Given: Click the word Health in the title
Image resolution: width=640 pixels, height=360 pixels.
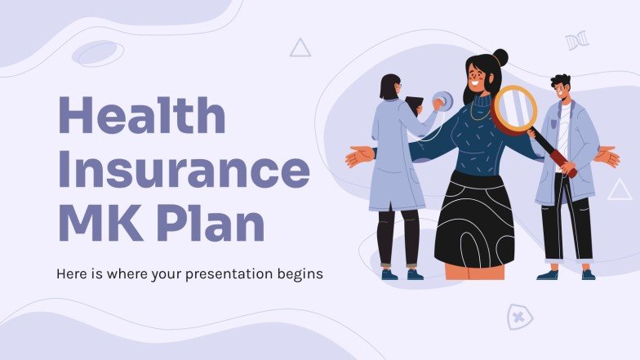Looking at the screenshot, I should pyautogui.click(x=140, y=117).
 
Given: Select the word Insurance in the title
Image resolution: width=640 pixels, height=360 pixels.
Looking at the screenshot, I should pyautogui.click(x=182, y=170).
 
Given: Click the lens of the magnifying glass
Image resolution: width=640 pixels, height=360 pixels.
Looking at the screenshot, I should pyautogui.click(x=514, y=109).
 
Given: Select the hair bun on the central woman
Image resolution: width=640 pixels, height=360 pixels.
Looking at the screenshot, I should pyautogui.click(x=500, y=58).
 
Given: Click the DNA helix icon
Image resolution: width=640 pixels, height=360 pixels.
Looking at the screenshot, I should pyautogui.click(x=577, y=41).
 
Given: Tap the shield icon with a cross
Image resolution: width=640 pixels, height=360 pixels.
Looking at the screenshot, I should pyautogui.click(x=519, y=316).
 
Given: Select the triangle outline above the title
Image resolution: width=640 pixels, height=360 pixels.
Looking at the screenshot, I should pyautogui.click(x=300, y=48).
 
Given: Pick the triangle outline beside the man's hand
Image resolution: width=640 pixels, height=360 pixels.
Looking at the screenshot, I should pyautogui.click(x=620, y=190).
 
